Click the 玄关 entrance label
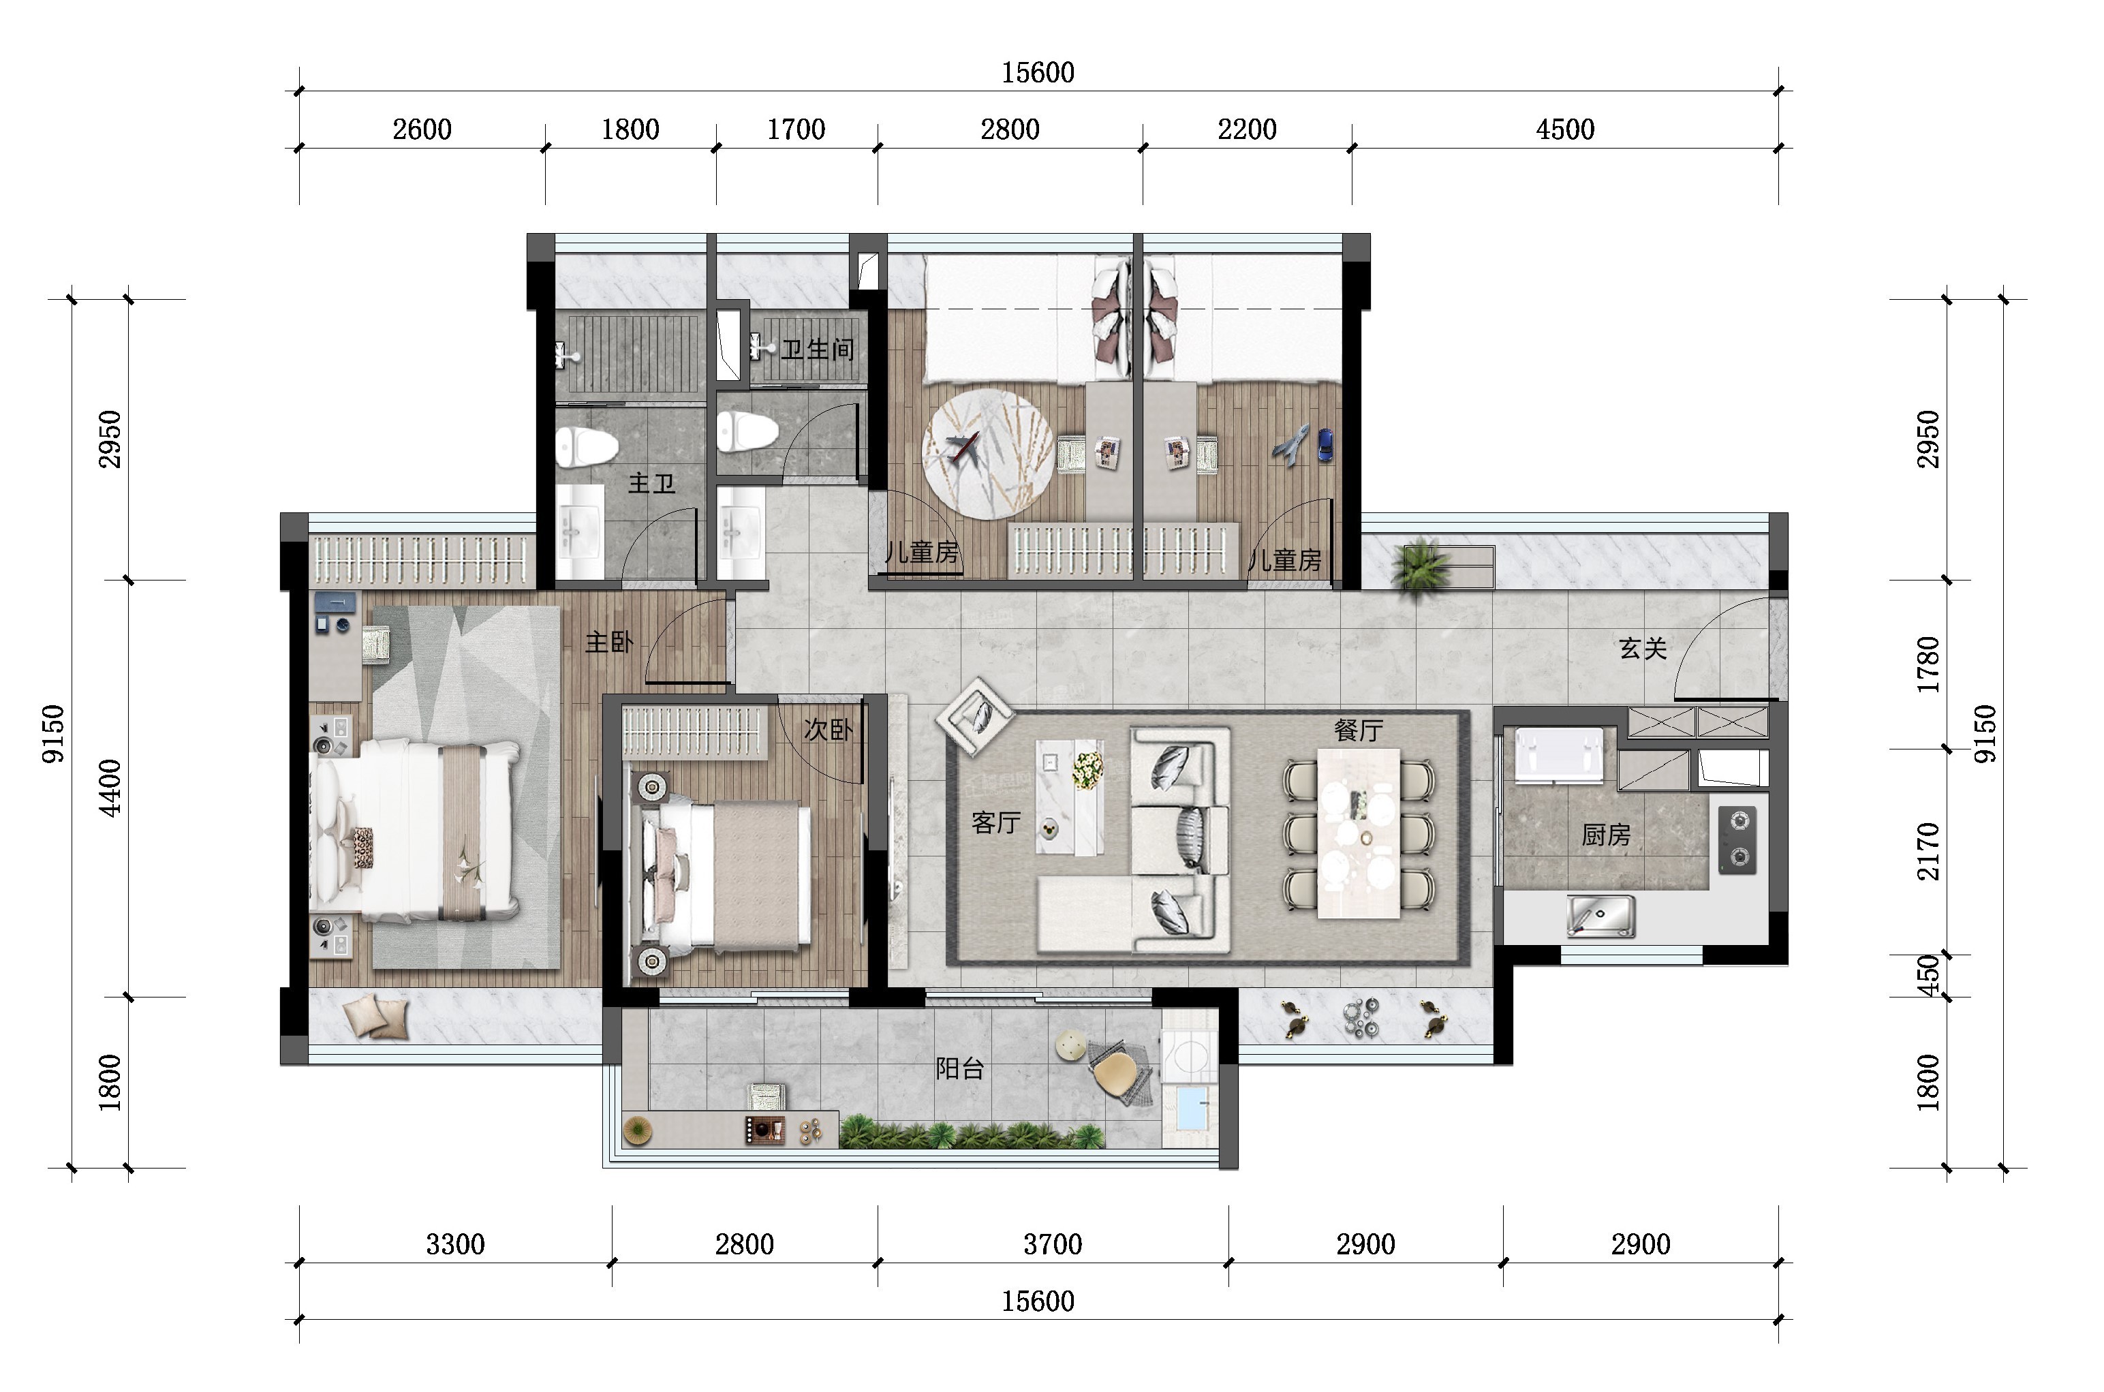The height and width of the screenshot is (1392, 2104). tap(1642, 649)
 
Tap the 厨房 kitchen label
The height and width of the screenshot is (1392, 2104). tap(1606, 835)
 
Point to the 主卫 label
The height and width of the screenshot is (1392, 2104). tap(651, 483)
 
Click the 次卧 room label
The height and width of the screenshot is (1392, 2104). tap(827, 730)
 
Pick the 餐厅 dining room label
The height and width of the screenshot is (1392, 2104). tap(1359, 730)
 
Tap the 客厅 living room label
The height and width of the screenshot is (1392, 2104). tap(996, 823)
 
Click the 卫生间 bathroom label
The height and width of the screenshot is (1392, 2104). tap(818, 349)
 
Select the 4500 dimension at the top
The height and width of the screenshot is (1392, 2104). tap(1565, 129)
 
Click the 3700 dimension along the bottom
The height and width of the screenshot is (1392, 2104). tap(1053, 1243)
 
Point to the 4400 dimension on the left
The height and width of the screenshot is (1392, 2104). tap(110, 788)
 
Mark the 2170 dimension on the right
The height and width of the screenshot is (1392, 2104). tap(1928, 852)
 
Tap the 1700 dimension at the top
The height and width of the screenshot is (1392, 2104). tap(796, 129)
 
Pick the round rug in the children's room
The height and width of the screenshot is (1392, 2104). tap(988, 454)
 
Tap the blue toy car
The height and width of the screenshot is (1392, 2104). tap(1325, 445)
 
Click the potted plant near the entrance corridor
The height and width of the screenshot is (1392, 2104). tap(1419, 566)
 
